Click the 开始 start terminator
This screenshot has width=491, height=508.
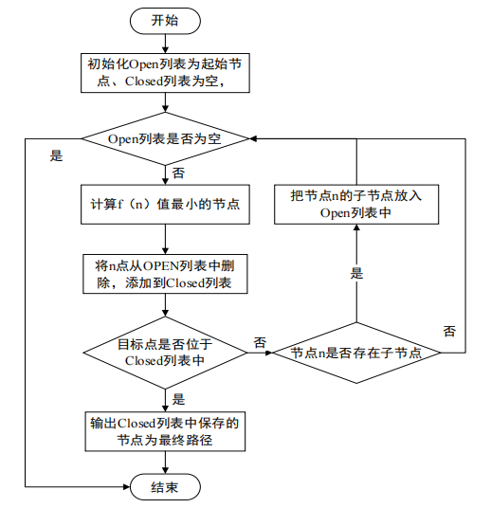165,19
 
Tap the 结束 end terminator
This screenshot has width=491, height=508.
165,486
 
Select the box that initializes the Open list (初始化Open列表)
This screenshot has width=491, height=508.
165,74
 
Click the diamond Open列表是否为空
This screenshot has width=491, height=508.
165,138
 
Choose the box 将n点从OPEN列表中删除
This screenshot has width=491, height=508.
165,274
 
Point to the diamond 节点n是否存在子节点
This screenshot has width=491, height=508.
355,353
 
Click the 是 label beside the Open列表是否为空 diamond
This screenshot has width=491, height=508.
56,155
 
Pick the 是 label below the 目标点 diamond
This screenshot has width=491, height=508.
179,398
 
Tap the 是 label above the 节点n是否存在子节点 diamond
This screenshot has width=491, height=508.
357,273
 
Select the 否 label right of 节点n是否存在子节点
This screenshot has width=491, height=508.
449,331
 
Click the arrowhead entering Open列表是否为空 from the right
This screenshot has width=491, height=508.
255,138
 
